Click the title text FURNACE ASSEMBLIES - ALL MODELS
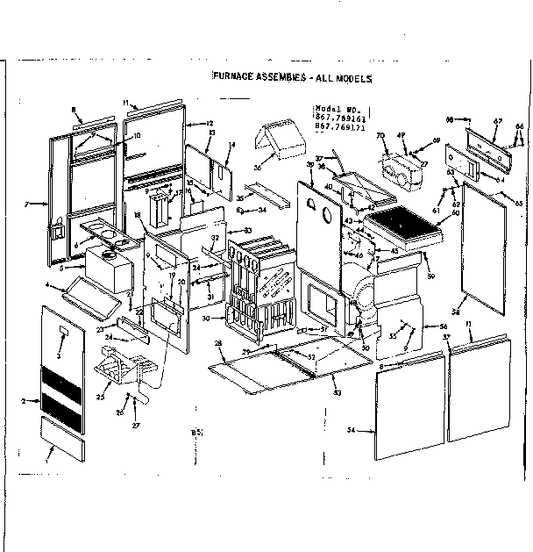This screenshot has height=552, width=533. (293, 78)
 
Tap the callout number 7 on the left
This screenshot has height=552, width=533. (28, 204)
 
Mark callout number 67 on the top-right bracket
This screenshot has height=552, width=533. (497, 121)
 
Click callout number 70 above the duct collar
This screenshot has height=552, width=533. (380, 137)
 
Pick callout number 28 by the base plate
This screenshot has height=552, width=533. (218, 343)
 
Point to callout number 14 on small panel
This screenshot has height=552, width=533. (231, 144)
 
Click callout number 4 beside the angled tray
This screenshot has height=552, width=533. (47, 284)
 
